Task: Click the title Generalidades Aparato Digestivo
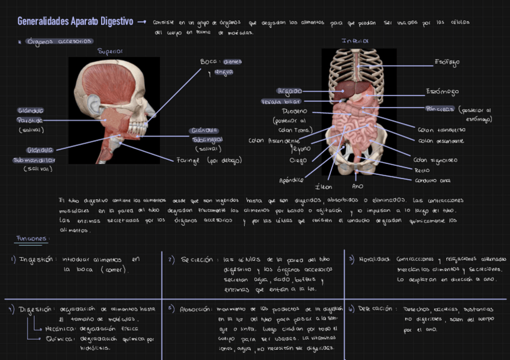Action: (x=75, y=22)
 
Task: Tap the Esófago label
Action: (x=447, y=62)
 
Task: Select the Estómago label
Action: (x=442, y=92)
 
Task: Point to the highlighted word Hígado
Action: (x=289, y=91)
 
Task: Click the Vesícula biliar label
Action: (x=281, y=102)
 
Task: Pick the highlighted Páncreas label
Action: (x=439, y=109)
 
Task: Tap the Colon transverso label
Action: (x=441, y=129)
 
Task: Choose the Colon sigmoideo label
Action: (x=435, y=160)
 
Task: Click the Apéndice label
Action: (x=291, y=180)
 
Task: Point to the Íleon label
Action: (x=324, y=187)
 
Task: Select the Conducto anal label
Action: (x=432, y=180)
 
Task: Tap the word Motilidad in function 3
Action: (x=375, y=260)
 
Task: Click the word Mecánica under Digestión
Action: (x=58, y=329)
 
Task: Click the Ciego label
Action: (x=298, y=160)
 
